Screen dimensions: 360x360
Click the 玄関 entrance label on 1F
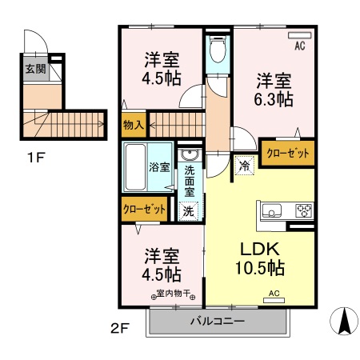pos(34,70)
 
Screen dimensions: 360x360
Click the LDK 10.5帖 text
pos(260,256)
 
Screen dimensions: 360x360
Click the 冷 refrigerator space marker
pos(244,166)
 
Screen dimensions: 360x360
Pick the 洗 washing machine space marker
pos(188,211)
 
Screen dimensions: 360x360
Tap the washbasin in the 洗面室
pos(190,155)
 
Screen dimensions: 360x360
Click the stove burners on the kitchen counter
pos(304,212)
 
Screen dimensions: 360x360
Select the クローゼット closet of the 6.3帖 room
pos(287,153)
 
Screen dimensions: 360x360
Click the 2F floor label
pos(119,328)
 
